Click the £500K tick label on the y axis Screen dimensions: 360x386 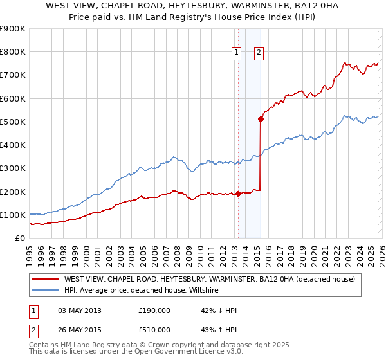pos(13,122)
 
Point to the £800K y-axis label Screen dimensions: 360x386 pos(13,52)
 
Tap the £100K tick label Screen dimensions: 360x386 pos(13,215)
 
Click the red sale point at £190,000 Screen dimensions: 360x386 pos(238,193)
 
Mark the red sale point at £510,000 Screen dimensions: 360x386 pos(261,119)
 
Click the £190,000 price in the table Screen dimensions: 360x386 pos(154,310)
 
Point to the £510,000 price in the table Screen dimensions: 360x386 pos(154,330)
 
